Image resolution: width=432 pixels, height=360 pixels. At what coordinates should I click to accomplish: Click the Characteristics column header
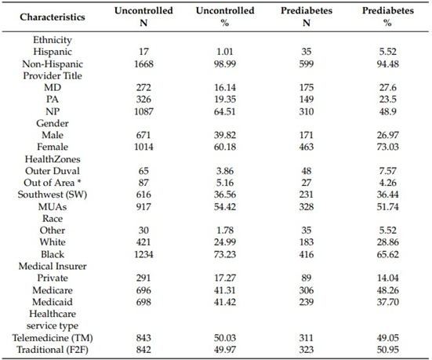point(53,17)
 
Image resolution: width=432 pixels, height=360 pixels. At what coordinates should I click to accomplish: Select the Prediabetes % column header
point(388,16)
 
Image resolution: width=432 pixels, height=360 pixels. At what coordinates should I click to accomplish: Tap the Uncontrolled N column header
point(143,16)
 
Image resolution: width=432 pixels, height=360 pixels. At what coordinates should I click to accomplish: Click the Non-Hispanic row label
point(53,64)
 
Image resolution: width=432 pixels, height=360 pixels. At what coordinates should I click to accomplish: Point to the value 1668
point(143,64)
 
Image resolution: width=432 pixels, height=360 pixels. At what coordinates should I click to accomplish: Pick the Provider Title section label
point(53,76)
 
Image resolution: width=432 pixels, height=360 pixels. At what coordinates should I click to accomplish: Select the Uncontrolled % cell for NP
point(225,111)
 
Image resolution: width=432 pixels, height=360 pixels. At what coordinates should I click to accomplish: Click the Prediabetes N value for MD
point(307,88)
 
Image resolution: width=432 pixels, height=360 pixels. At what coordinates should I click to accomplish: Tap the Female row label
point(53,147)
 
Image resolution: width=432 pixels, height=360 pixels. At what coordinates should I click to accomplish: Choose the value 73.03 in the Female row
point(387,147)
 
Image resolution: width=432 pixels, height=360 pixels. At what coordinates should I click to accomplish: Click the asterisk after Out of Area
point(79,181)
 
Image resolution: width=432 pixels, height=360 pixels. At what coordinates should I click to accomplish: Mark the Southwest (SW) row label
point(53,195)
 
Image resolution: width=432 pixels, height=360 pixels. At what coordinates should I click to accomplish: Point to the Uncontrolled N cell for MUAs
point(143,207)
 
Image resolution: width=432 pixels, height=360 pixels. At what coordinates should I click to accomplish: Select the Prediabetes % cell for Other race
point(387,230)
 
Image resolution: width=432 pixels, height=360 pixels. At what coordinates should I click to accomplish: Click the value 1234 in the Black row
point(143,254)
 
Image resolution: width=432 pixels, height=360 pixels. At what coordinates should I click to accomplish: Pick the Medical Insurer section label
point(53,266)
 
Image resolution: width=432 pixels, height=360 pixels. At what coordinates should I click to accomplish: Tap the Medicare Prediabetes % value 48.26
point(387,290)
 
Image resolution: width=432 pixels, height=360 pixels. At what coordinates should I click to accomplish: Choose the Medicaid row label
point(53,302)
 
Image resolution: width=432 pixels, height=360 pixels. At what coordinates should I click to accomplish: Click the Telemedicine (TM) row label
point(53,338)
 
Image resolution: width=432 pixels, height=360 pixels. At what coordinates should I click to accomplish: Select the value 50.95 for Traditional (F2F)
point(387,350)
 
